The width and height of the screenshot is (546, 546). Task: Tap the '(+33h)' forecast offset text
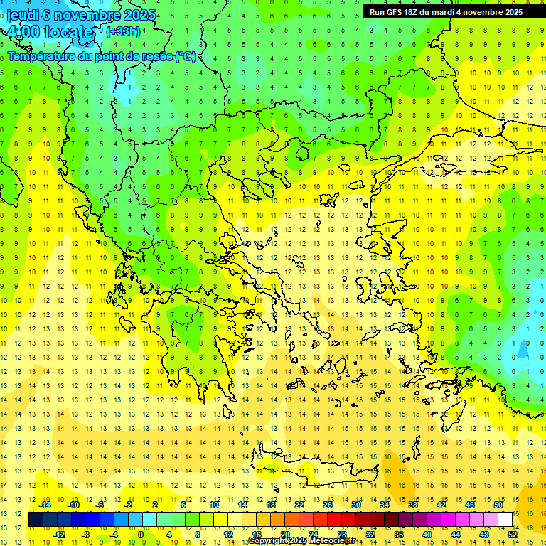coord(123,31)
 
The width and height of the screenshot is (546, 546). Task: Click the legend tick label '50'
coord(498,505)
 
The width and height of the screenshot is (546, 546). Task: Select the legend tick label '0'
coord(140,535)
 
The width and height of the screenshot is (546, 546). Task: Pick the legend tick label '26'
coord(328,505)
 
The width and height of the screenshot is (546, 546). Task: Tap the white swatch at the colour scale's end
coord(505,520)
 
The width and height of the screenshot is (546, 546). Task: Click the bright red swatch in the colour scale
coord(335,520)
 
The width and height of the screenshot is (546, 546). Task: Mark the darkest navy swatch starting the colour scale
coord(36,520)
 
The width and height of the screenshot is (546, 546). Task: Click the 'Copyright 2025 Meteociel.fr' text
coord(302,541)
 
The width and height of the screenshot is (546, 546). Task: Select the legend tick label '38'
coord(413,505)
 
